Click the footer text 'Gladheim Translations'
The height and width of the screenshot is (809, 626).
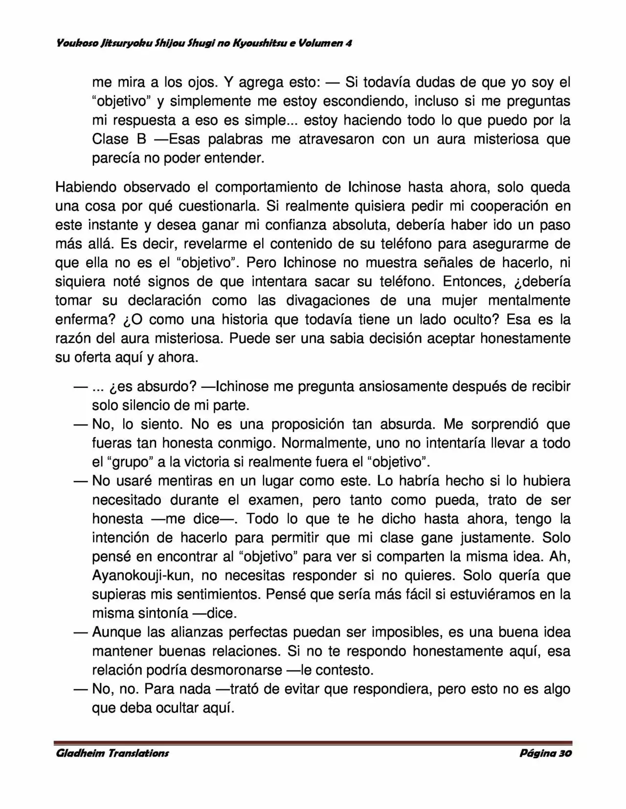112,753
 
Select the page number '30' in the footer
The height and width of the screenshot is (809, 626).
564,753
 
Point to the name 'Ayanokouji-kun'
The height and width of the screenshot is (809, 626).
141,575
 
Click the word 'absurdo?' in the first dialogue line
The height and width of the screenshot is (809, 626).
166,386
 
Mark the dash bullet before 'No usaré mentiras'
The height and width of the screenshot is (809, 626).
80,481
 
